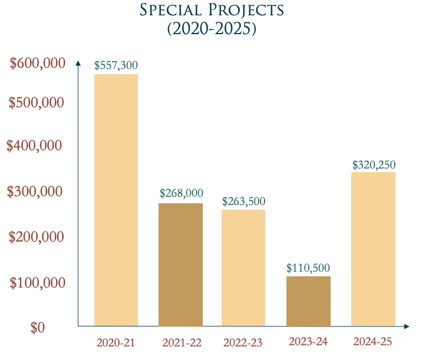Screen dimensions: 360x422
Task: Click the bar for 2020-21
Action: pyautogui.click(x=116, y=200)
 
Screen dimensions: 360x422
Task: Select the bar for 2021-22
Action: pyautogui.click(x=181, y=265)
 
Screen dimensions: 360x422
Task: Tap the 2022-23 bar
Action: pyautogui.click(x=243, y=267)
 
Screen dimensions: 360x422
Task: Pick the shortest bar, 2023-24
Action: pyautogui.click(x=308, y=301)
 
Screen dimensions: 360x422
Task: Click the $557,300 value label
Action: pyautogui.click(x=116, y=65)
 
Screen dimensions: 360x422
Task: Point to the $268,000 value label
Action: pyautogui.click(x=181, y=193)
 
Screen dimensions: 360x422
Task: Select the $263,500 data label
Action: pyautogui.click(x=243, y=201)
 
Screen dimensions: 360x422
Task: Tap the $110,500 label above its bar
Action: pyautogui.click(x=308, y=267)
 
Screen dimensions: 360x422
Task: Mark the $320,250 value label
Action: pyautogui.click(x=374, y=164)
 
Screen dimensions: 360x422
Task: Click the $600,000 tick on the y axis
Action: pyautogui.click(x=37, y=64)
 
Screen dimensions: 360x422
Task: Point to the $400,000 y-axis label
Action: pyautogui.click(x=34, y=146)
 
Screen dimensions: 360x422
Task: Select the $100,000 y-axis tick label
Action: pyautogui.click(x=37, y=283)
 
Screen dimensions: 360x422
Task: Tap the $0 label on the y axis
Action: pyautogui.click(x=37, y=328)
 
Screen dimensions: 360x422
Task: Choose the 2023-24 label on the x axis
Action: pyautogui.click(x=308, y=342)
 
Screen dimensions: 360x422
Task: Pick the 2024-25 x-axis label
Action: pyautogui.click(x=372, y=342)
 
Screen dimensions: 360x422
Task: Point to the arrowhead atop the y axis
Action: pyautogui.click(x=78, y=63)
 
